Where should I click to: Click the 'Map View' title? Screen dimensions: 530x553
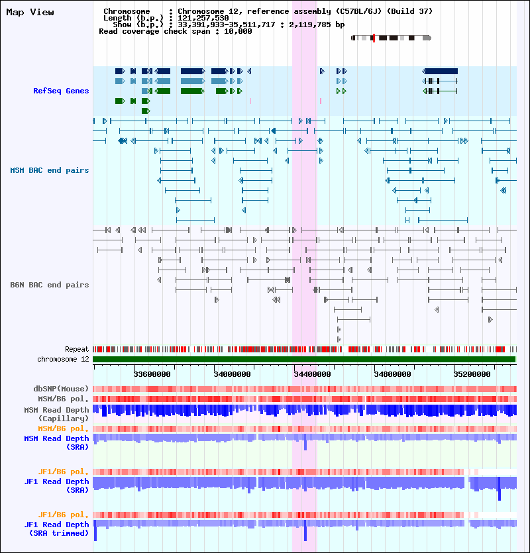tap(30, 13)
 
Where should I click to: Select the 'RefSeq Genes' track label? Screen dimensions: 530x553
tap(61, 91)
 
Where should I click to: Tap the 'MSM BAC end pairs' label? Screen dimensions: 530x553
tap(50, 170)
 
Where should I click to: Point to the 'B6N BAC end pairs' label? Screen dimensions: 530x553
tap(50, 285)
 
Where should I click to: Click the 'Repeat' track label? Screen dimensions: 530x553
tap(77, 350)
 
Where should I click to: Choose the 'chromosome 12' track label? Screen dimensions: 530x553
tap(63, 360)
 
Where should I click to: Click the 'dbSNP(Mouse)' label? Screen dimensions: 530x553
tap(61, 389)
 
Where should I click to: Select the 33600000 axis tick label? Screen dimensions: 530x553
tap(152, 375)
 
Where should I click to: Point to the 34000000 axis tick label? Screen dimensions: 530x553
tap(232, 375)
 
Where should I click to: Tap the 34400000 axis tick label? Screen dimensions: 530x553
tap(312, 375)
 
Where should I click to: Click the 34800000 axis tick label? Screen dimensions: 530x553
tap(392, 375)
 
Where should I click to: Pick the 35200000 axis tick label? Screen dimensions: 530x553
tap(472, 375)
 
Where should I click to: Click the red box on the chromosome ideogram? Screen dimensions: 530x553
tap(374, 38)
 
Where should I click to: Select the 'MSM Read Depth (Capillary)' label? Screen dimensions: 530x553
tap(56, 415)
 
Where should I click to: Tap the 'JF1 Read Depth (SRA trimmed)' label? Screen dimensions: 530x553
tap(56, 529)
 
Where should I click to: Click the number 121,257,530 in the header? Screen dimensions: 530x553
tap(203, 18)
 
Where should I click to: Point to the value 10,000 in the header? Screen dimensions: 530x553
tap(238, 31)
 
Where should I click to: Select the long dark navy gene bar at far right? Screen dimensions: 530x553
tap(440, 72)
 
